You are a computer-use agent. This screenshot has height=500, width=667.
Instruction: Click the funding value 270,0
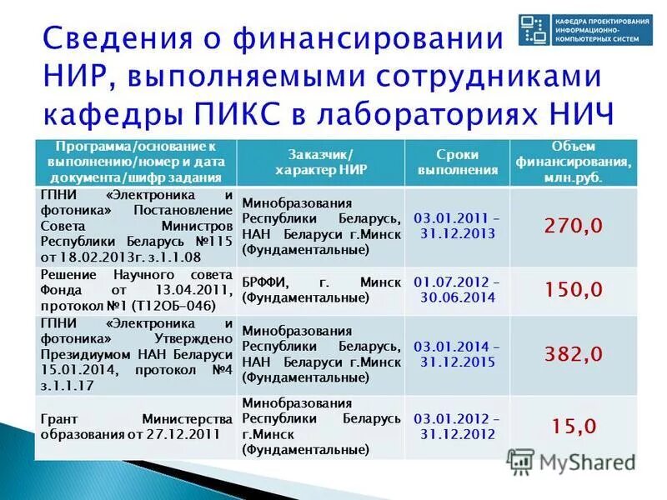574,226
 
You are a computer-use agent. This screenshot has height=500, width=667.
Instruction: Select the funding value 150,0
574,289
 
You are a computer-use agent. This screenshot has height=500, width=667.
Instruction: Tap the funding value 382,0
574,353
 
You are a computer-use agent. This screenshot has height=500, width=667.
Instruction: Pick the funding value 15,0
574,426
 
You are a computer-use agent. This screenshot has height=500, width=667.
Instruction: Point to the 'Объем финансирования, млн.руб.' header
574,162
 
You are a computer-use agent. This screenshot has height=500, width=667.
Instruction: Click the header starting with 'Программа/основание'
134,162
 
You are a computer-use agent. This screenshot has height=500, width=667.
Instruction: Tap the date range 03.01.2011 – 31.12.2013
457,226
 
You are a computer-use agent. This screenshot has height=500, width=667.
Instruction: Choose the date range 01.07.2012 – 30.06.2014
457,289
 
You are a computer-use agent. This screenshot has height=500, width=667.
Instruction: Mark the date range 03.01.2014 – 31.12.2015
457,353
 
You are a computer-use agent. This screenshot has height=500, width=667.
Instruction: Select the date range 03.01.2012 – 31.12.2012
457,426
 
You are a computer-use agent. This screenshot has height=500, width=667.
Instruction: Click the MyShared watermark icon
521,461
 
